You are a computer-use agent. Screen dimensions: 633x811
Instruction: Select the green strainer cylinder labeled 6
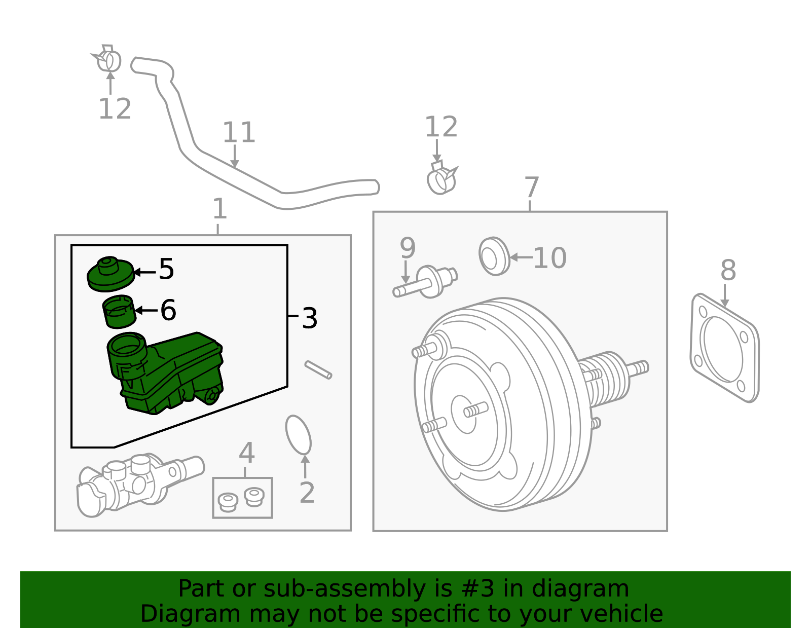[x=119, y=311]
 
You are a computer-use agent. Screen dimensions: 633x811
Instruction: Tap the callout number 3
[x=309, y=318]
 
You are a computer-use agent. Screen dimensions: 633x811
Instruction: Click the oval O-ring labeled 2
[x=298, y=435]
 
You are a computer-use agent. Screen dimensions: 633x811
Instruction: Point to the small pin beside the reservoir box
[x=318, y=369]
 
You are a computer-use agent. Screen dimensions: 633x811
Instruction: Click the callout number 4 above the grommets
[x=246, y=453]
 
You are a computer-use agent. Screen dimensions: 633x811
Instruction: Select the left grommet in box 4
[x=228, y=502]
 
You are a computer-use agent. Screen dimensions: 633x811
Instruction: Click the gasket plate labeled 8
[x=724, y=348]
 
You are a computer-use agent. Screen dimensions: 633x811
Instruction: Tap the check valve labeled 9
[x=426, y=283]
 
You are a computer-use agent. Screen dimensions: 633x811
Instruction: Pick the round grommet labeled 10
[x=493, y=256]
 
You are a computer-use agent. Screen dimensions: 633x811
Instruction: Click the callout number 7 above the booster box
[x=531, y=188]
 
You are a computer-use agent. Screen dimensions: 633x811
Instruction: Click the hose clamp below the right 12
[x=441, y=178]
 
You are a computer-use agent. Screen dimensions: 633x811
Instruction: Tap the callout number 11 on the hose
[x=238, y=133]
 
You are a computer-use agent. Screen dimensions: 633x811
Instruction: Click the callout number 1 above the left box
[x=218, y=209]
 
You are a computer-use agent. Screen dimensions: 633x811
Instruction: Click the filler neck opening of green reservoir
[x=127, y=345]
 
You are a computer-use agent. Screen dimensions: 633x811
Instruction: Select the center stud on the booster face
[x=476, y=409]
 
